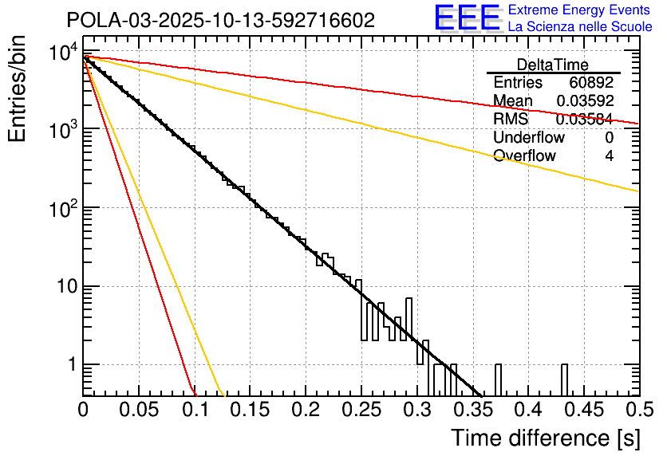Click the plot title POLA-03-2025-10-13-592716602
[x=220, y=22]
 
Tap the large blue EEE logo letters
[x=467, y=18]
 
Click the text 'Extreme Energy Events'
[x=580, y=10]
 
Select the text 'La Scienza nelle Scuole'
[x=580, y=27]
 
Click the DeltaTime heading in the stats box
[x=552, y=65]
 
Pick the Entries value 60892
[x=591, y=83]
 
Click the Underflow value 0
[x=609, y=138]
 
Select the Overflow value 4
[x=609, y=156]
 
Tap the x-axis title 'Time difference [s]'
[x=545, y=438]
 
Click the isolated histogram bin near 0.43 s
[x=564, y=379]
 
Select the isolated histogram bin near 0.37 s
[x=499, y=379]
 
